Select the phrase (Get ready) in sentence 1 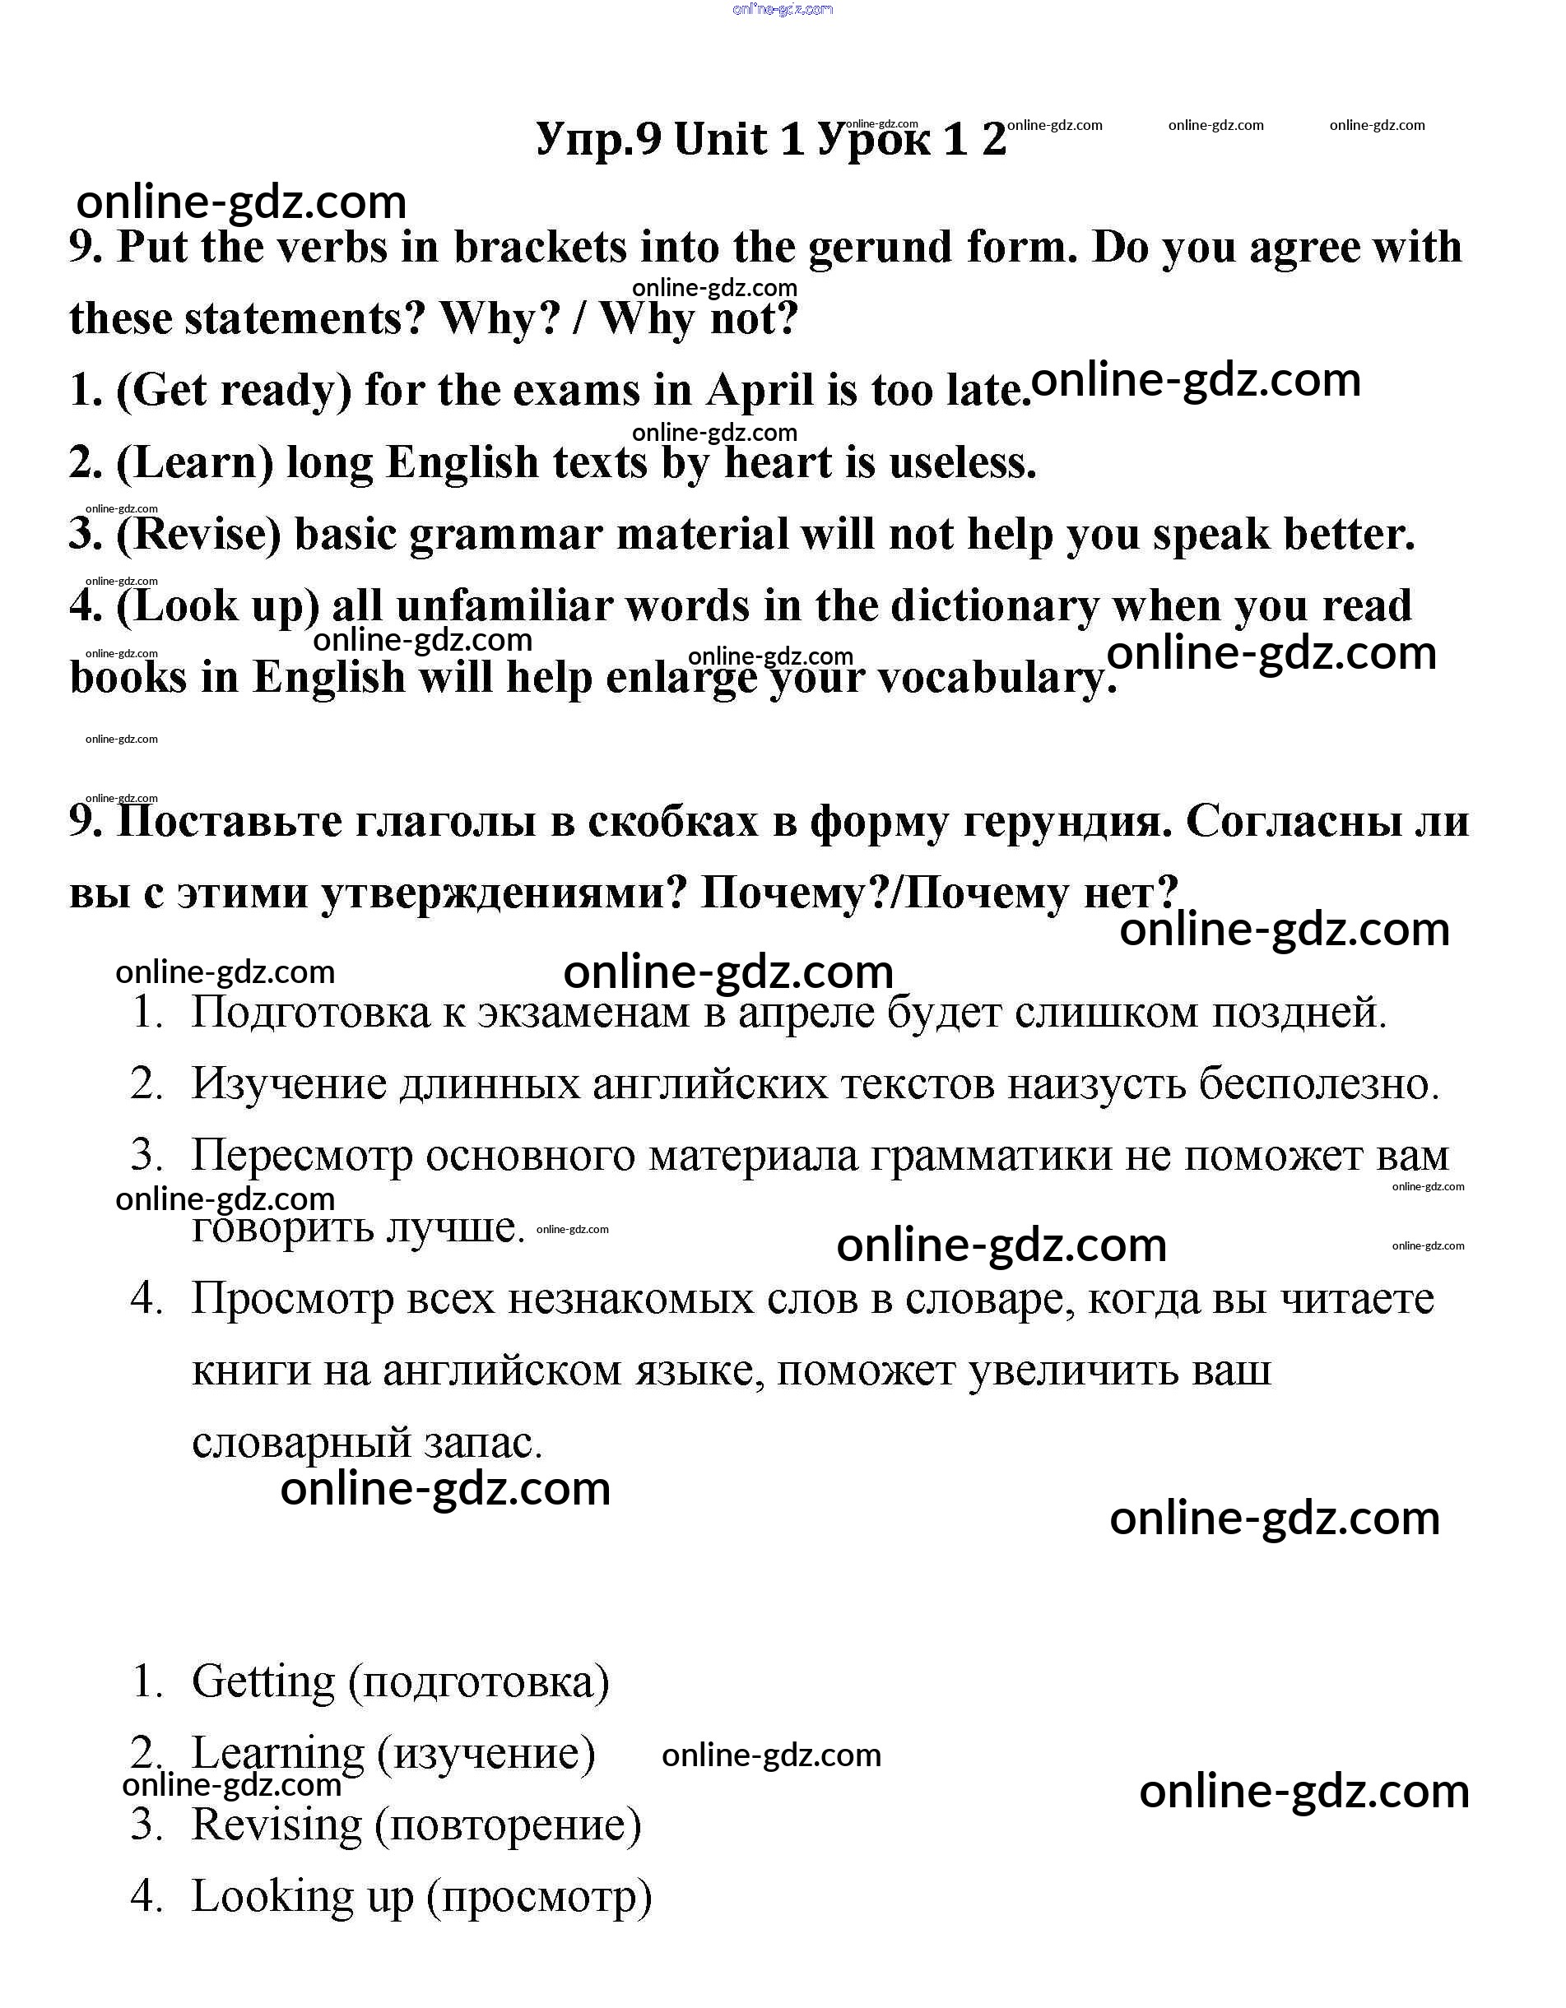(x=234, y=391)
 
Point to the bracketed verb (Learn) (x=194, y=462)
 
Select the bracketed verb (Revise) (x=197, y=535)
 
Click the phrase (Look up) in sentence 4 (x=217, y=607)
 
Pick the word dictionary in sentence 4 (x=994, y=607)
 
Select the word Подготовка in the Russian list (x=311, y=1013)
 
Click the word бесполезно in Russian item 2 (x=1317, y=1085)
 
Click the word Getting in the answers (x=263, y=1682)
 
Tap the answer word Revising (x=276, y=1826)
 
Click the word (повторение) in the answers (x=509, y=1826)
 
